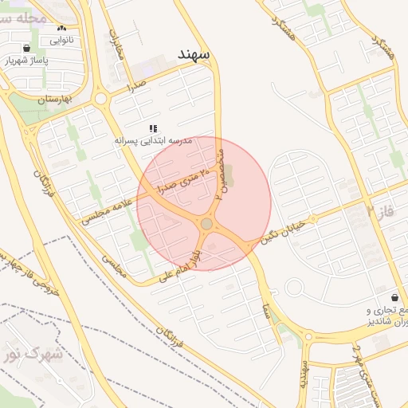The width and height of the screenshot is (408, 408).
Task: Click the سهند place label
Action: pos(194,53)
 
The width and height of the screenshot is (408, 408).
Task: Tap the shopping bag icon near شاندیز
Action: pos(395,296)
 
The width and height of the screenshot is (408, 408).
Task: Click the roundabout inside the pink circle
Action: pos(206,225)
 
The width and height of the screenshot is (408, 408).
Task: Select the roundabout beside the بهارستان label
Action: pos(101,99)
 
